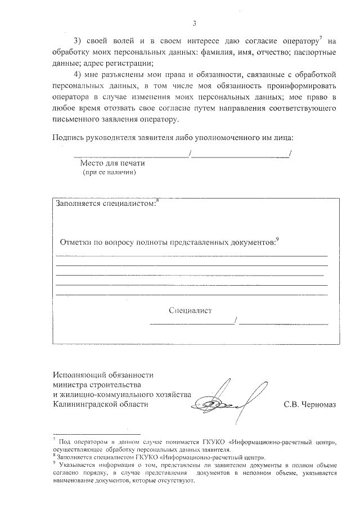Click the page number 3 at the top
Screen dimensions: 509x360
pos(193,24)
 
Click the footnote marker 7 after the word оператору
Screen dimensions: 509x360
pos(320,38)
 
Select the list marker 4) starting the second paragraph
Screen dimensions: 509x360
pos(79,75)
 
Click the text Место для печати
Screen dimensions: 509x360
pos(112,163)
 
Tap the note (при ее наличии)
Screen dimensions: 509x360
pos(110,173)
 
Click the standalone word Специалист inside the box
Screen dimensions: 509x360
pos(190,310)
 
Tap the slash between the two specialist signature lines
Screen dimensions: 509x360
pos(237,321)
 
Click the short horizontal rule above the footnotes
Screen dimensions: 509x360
pos(96,434)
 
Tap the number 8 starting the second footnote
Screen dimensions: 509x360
pos(54,457)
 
